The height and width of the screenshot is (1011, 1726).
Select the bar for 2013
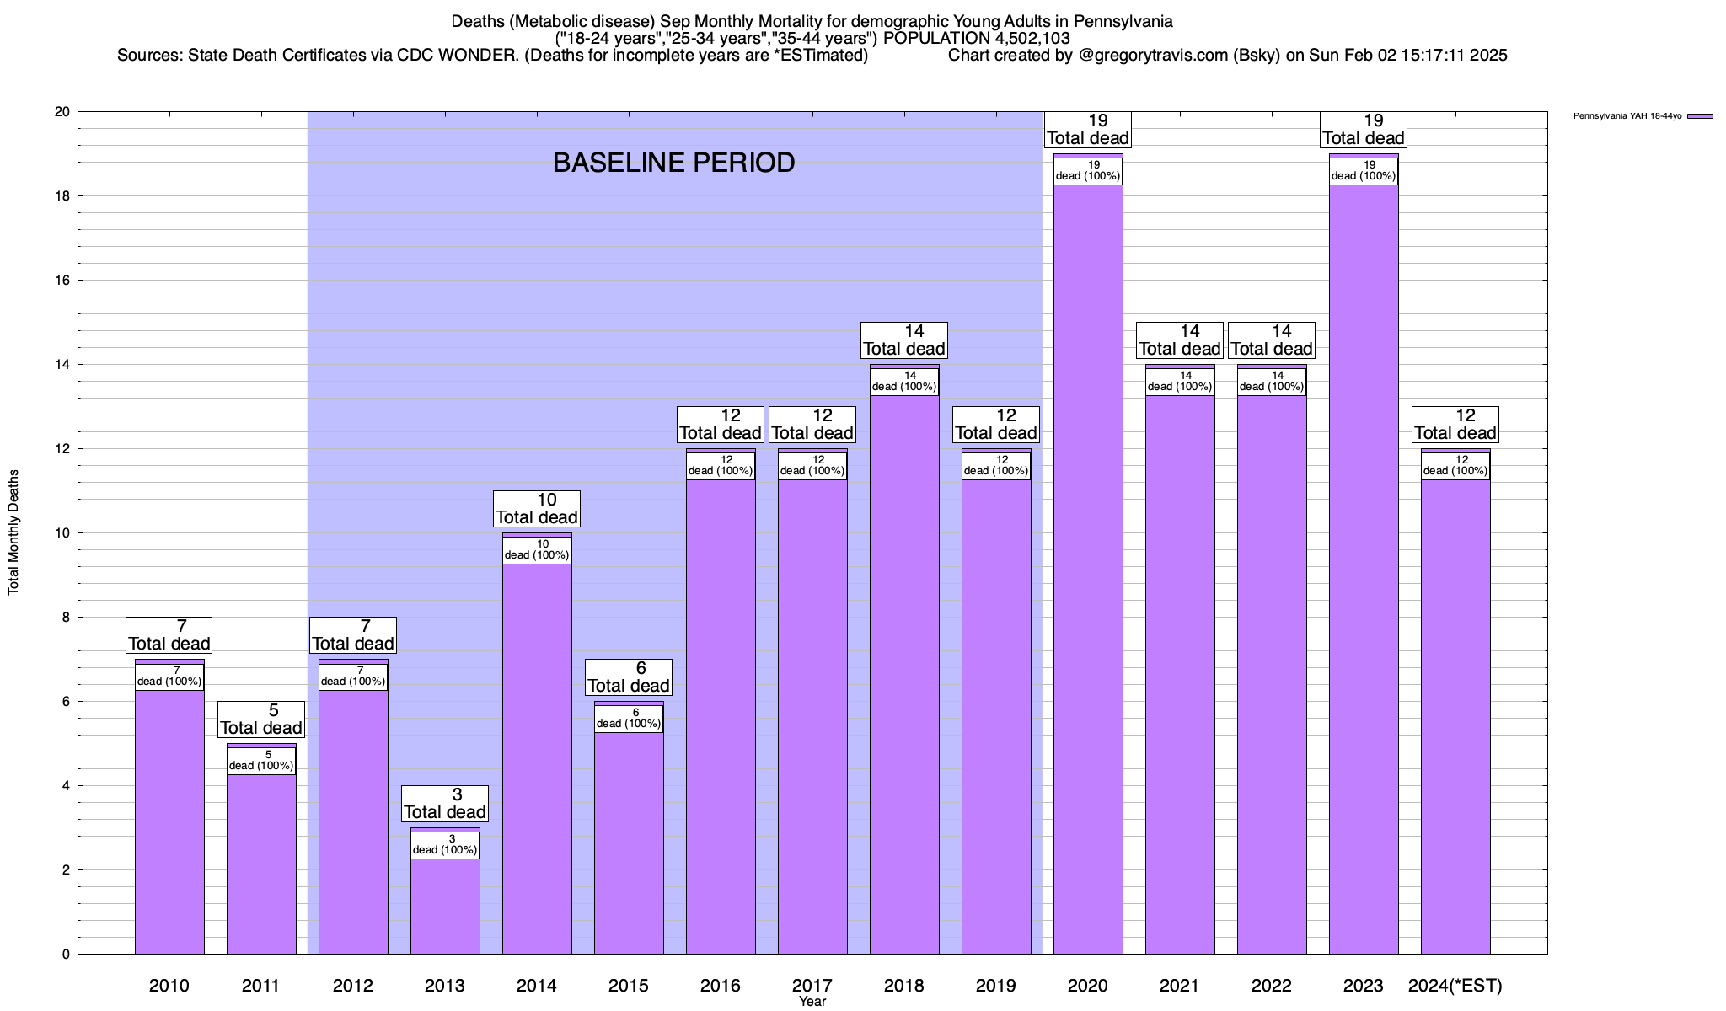(x=445, y=906)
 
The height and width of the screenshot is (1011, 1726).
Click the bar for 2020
(x=1088, y=573)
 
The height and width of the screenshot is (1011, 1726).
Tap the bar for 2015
(x=629, y=842)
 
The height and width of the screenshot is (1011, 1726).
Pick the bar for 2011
(x=261, y=864)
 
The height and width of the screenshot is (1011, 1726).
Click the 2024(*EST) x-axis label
(x=1455, y=986)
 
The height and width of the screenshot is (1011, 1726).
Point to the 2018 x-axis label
(x=904, y=986)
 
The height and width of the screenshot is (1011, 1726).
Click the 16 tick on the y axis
(x=62, y=281)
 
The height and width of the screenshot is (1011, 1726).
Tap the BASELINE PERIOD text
(x=673, y=163)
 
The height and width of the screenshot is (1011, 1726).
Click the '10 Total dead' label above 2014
(x=537, y=509)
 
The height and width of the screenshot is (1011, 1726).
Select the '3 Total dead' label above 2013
(x=445, y=804)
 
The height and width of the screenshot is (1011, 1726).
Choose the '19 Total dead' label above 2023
(x=1364, y=130)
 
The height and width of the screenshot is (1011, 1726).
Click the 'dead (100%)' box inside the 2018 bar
(x=904, y=382)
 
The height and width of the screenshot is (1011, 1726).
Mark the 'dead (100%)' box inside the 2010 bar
(x=169, y=677)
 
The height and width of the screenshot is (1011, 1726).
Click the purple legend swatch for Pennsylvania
(x=1700, y=116)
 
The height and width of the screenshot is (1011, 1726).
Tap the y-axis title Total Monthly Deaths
(x=13, y=532)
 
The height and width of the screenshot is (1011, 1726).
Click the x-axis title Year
(x=812, y=1002)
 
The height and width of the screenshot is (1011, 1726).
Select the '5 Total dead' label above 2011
(x=261, y=719)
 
